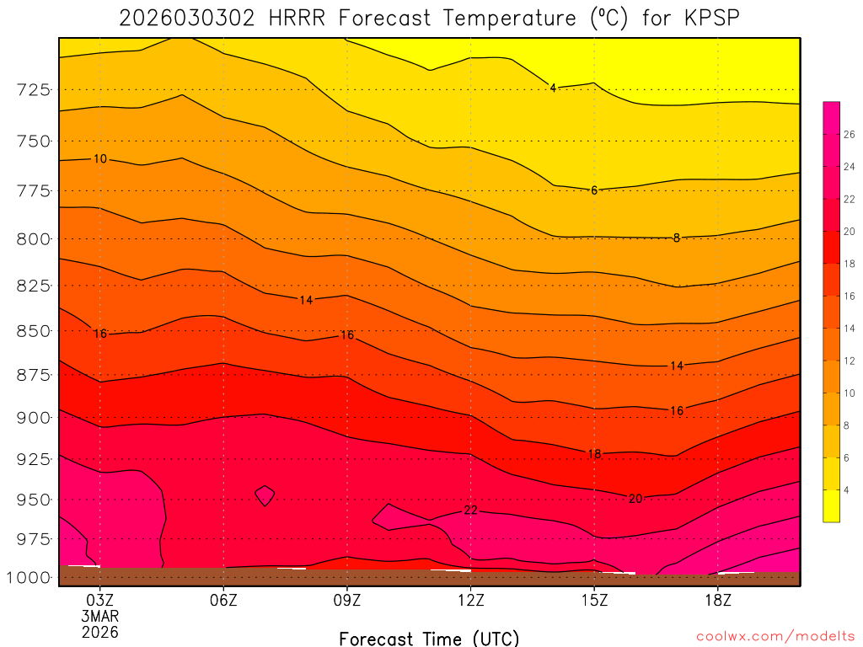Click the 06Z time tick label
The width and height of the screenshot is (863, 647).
tap(223, 601)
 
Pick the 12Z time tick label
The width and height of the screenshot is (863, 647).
tap(470, 601)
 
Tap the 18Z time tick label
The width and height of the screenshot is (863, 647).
tap(717, 601)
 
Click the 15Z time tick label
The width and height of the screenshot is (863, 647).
tap(594, 601)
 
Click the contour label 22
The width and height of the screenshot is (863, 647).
tap(470, 511)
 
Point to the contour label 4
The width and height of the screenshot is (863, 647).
tap(553, 88)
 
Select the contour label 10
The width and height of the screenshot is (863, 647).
tap(99, 159)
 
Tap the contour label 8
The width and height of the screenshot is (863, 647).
tap(676, 238)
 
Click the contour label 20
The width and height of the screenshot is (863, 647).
tap(635, 499)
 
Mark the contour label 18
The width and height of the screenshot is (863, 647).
tap(594, 454)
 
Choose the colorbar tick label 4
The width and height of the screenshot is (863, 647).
tap(846, 489)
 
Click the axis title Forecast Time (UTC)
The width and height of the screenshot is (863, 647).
tap(429, 638)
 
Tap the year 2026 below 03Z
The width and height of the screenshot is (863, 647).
tap(99, 632)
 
